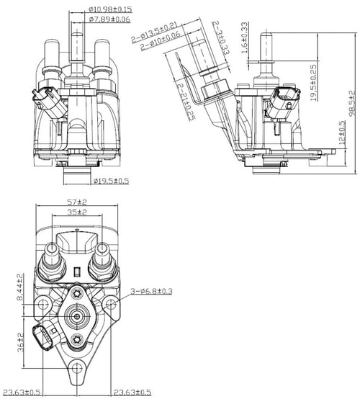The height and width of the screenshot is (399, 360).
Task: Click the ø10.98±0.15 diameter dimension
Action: coord(111,9)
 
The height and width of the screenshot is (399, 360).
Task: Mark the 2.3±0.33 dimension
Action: coord(218,37)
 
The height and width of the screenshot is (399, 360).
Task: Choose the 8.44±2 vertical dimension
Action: coord(21,289)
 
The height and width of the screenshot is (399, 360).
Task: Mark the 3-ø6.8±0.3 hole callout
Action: coord(152,292)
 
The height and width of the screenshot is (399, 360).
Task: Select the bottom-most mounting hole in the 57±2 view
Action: coord(77,372)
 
